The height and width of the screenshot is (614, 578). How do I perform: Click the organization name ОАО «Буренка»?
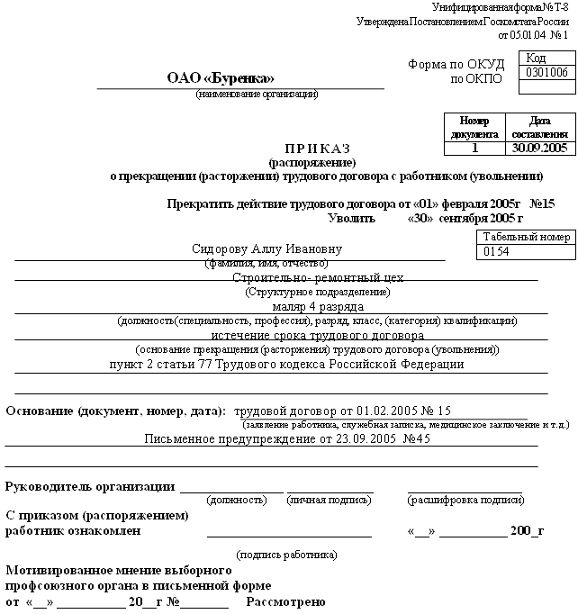coord(220,78)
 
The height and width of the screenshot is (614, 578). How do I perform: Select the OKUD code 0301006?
coord(546,73)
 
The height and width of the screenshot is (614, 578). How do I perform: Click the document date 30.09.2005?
coord(537,147)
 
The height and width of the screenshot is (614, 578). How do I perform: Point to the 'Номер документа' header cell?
coord(474,127)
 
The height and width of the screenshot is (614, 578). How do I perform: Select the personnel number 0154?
coord(497,253)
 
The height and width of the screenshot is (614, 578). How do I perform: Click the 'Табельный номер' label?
coord(526,238)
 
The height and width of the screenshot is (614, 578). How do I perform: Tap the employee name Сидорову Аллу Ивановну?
coord(267,249)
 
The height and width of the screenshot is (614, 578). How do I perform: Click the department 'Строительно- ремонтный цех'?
coord(318,278)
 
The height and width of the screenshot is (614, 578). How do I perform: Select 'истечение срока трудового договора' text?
coord(317,335)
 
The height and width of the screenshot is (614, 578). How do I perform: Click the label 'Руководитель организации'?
coord(90,487)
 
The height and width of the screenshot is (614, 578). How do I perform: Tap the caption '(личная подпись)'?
coord(329,500)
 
